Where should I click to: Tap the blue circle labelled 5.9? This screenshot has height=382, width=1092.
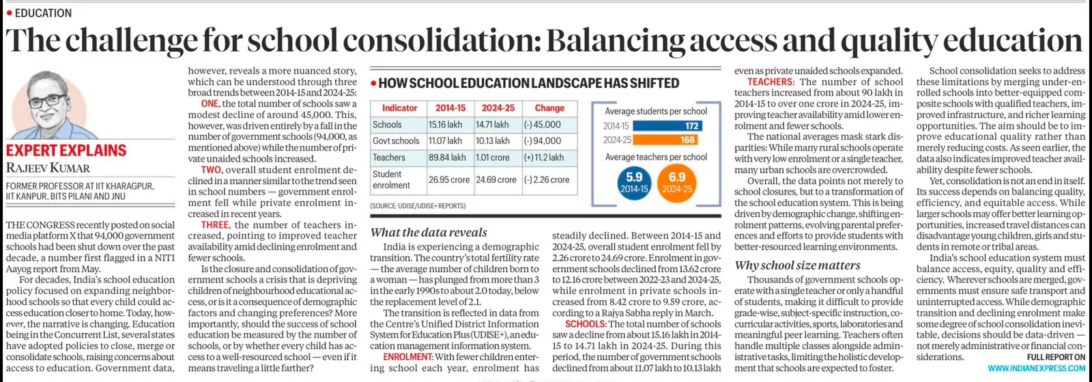[634, 183]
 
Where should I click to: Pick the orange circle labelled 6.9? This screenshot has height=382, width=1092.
[676, 183]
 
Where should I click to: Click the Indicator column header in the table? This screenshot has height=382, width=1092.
[399, 108]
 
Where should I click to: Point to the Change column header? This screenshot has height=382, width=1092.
[549, 108]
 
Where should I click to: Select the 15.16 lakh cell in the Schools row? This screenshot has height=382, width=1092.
[445, 125]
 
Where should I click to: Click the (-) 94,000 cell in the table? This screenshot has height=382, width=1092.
[542, 141]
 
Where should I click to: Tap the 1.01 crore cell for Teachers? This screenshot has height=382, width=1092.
[492, 158]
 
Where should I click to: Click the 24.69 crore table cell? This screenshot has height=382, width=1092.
[495, 180]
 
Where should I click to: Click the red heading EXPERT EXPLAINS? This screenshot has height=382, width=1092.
[66, 151]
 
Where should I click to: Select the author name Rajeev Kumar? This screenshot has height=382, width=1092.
[48, 168]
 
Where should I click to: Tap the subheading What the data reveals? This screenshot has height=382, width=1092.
[429, 233]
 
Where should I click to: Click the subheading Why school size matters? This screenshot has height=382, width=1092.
[797, 265]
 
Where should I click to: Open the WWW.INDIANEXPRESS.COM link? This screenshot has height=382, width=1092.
[1037, 368]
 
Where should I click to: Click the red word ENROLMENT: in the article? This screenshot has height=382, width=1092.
[408, 357]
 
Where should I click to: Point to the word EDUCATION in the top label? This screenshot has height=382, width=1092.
[44, 13]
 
